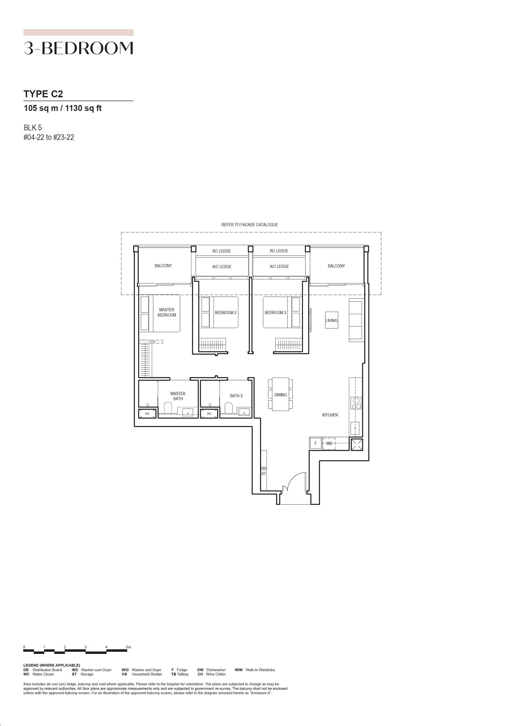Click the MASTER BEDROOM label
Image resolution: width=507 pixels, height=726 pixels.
point(167,312)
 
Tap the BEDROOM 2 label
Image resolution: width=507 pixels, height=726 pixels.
point(225,313)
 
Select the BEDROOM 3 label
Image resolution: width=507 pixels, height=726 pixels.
point(275,313)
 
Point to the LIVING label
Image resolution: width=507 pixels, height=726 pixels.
point(331,321)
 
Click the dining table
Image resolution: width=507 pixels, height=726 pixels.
point(280,394)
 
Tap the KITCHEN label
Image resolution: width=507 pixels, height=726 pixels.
point(330,415)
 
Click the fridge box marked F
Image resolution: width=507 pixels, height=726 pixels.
point(315,444)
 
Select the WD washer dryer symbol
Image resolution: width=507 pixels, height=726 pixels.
point(329,444)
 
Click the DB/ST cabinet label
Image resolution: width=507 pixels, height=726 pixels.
point(264,471)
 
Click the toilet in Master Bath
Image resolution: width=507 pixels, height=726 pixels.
point(168,408)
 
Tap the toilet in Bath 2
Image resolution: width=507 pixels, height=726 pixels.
point(228,408)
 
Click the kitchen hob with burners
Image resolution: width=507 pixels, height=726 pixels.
point(356,403)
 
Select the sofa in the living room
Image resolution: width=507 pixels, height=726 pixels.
point(356,320)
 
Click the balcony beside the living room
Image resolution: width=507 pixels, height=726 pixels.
point(336,266)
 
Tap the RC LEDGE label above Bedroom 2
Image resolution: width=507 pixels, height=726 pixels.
point(221,251)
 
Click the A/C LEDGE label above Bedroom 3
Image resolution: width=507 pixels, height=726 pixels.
point(279,266)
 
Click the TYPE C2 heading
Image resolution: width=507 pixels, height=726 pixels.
point(43,94)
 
